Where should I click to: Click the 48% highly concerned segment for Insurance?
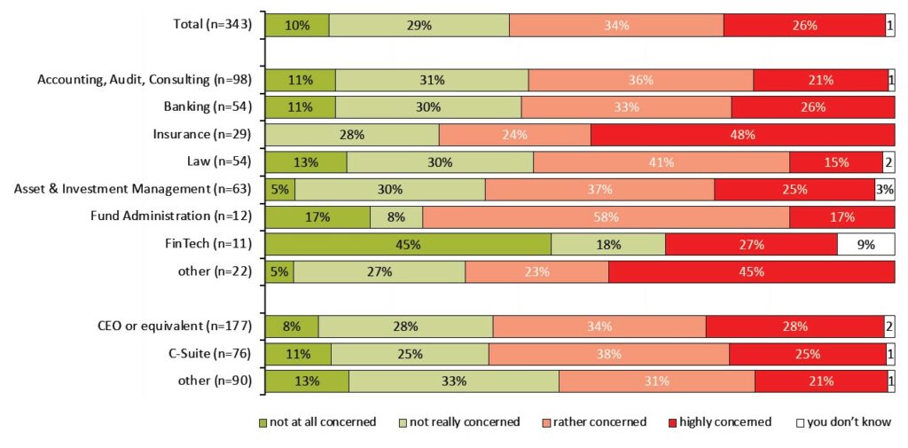[743, 135]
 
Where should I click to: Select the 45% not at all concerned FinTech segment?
[408, 244]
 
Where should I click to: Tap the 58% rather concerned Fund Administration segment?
[606, 216]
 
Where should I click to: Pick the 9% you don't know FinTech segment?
[865, 244]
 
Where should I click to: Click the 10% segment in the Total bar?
[297, 26]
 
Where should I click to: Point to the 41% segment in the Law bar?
[661, 162]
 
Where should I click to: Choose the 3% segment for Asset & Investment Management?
[885, 189]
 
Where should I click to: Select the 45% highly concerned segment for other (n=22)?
[752, 271]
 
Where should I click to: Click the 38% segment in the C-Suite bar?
[608, 353]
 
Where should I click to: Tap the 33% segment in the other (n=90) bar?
[454, 381]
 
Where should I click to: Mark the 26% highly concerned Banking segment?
[813, 107]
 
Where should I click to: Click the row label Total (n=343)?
[213, 26]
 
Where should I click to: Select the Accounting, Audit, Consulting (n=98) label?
[145, 80]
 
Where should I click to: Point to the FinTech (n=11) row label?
[208, 244]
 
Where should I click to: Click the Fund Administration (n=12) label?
[171, 216]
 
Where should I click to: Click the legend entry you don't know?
[842, 422]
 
